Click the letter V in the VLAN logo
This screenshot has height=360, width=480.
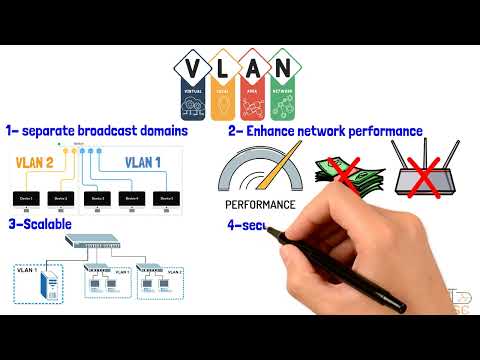point(192,69)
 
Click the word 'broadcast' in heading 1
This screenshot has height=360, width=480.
point(114,130)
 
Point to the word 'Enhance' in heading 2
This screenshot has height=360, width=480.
point(268,131)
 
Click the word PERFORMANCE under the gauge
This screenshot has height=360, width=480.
point(259,205)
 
